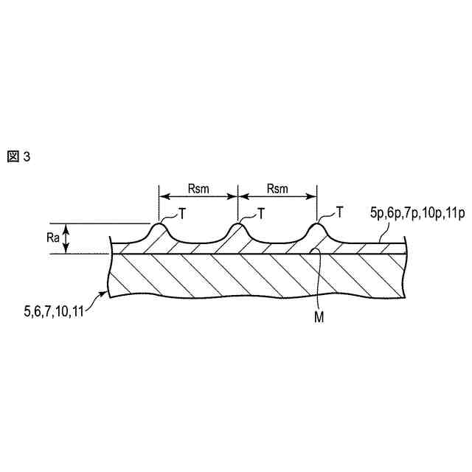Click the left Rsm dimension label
(198, 188)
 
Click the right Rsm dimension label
(277, 188)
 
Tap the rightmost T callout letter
(339, 212)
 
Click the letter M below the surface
(319, 318)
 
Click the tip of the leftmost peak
(159, 224)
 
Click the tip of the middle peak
(237, 224)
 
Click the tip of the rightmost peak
(316, 224)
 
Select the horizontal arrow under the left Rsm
(198, 197)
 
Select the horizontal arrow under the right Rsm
(277, 197)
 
